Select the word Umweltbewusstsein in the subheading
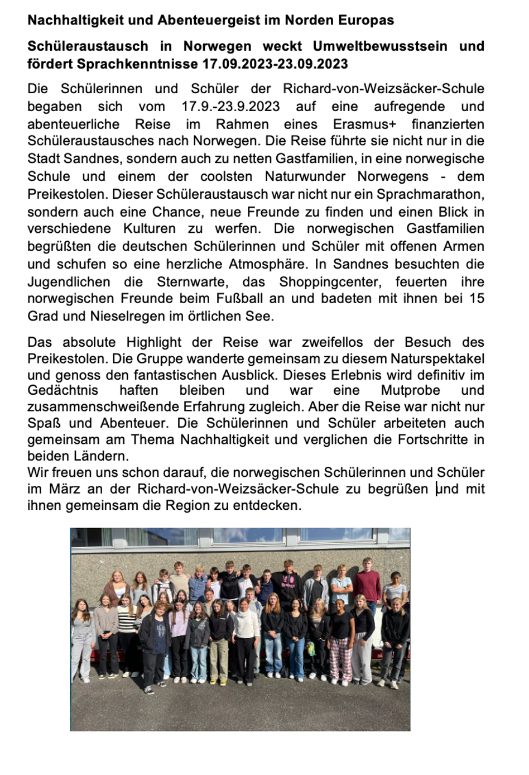pyautogui.click(x=380, y=46)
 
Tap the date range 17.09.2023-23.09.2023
pyautogui.click(x=275, y=64)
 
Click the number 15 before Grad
pyautogui.click(x=477, y=299)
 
